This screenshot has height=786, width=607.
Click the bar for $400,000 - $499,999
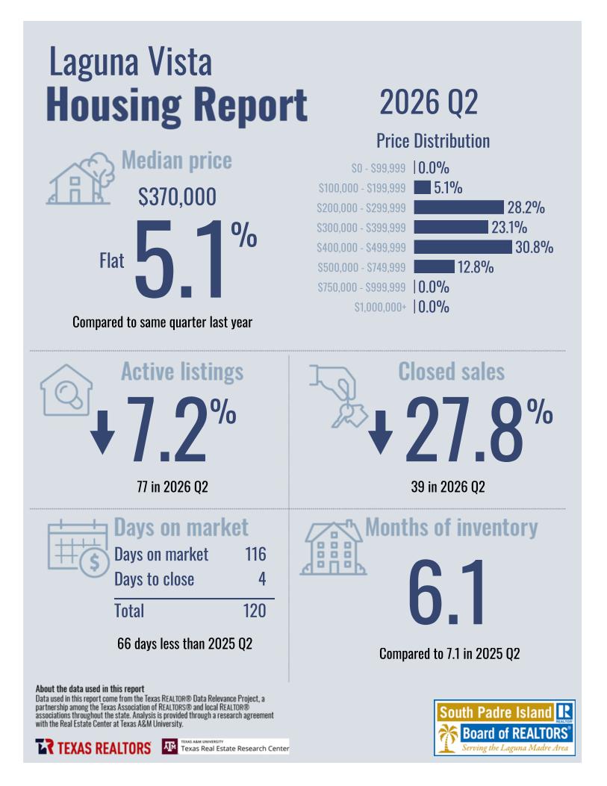coord(463,247)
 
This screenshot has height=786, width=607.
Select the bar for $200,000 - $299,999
coord(458,207)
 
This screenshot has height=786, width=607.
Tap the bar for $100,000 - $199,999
coord(422,187)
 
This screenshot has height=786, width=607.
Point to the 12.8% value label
coord(476,267)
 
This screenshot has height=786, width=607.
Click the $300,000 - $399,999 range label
coord(361,228)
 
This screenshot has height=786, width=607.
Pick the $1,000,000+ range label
coord(380,307)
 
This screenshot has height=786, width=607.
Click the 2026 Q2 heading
coord(429,102)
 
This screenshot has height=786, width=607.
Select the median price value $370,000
coord(177,196)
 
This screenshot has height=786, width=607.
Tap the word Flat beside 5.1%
coord(111,261)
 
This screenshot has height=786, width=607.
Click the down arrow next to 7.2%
coord(103,432)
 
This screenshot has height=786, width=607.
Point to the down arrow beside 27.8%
coord(381,432)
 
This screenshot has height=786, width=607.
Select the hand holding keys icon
coord(338,396)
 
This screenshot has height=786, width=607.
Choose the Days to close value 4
coord(262,579)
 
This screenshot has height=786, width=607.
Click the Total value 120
coord(255,611)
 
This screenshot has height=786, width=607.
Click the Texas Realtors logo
coord(93,747)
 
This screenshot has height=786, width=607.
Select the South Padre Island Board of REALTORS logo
coord(504,727)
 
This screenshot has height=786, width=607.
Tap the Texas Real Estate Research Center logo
coord(225,746)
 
